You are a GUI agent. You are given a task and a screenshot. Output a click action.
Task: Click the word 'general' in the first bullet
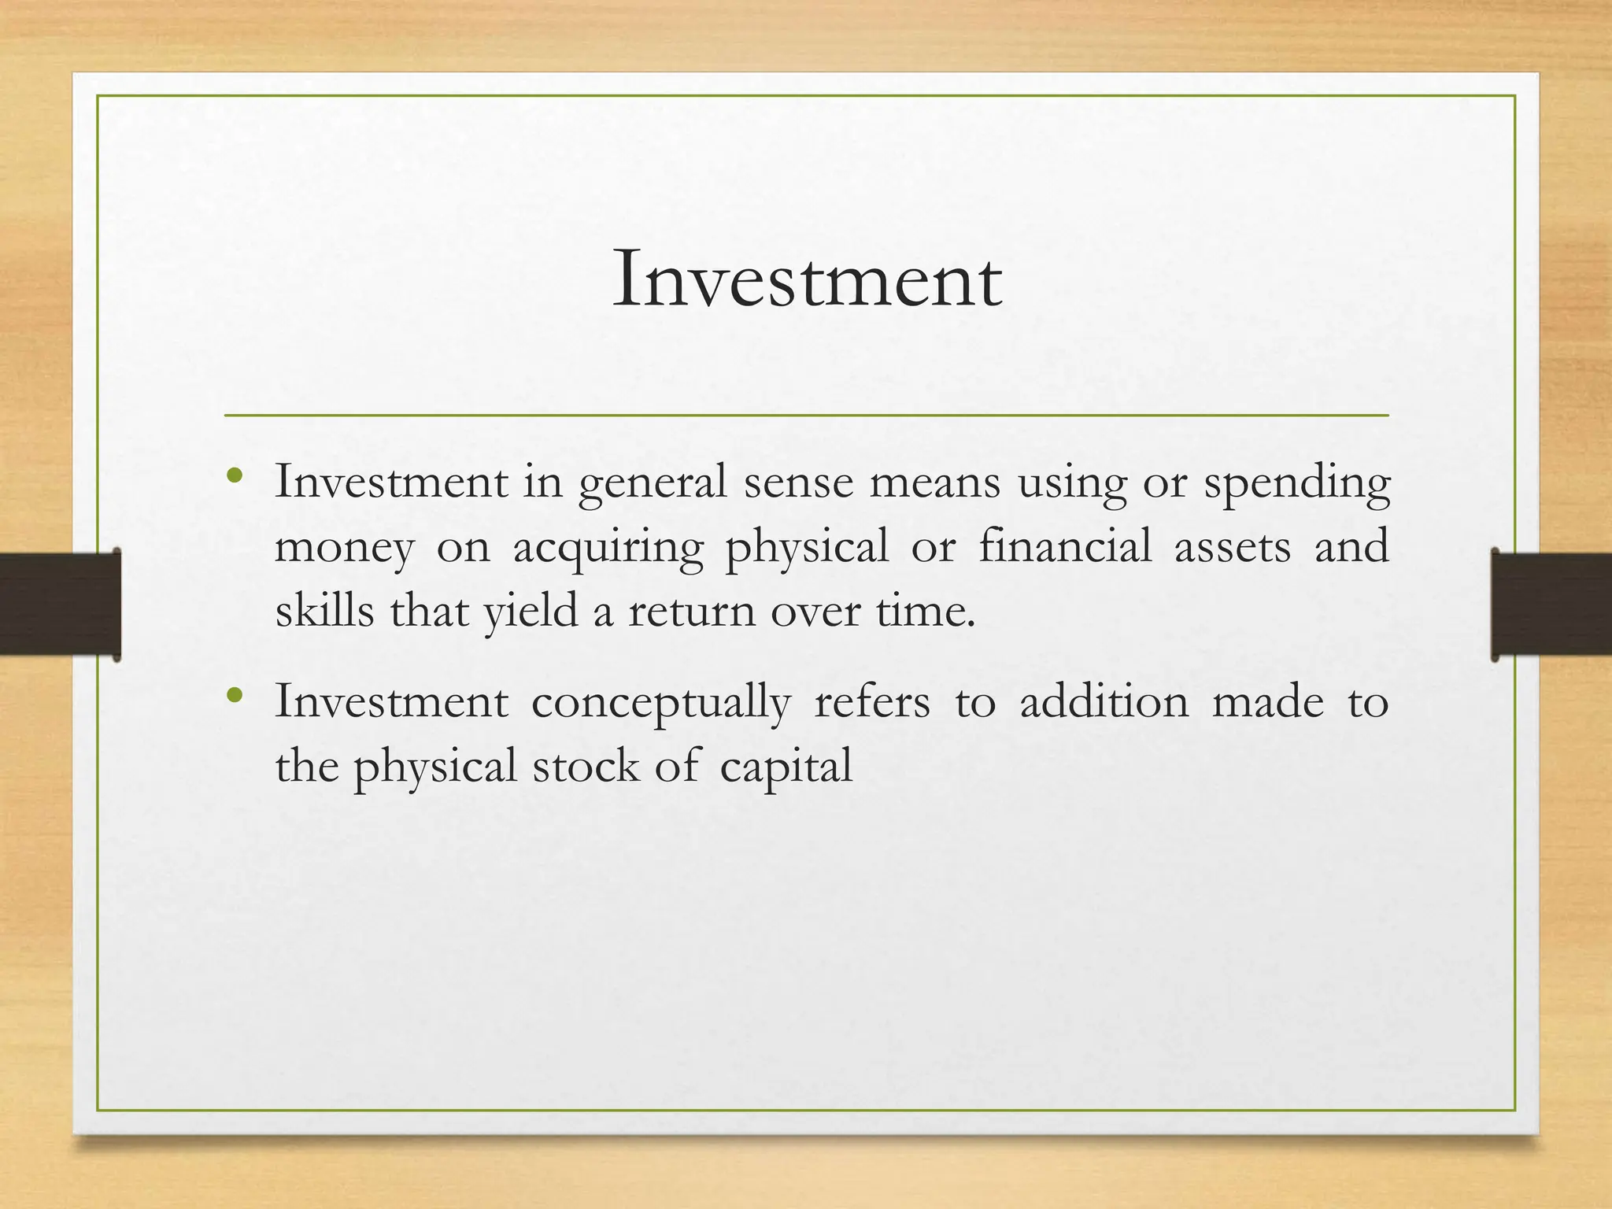[x=652, y=483]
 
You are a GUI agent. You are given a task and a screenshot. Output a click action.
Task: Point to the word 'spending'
[x=1297, y=483]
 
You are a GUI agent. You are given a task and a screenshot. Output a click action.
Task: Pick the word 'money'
[x=344, y=548]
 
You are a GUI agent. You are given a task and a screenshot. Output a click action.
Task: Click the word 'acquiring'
[x=608, y=548]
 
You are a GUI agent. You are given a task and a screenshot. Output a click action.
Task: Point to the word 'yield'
[x=531, y=612]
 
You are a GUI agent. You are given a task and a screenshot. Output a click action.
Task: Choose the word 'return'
[x=691, y=612]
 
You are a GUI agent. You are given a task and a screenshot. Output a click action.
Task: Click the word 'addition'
[x=1104, y=701]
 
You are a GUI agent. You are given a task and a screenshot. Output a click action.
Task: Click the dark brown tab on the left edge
[x=60, y=604]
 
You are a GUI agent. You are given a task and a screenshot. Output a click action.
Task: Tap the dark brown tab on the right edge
[x=1551, y=604]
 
